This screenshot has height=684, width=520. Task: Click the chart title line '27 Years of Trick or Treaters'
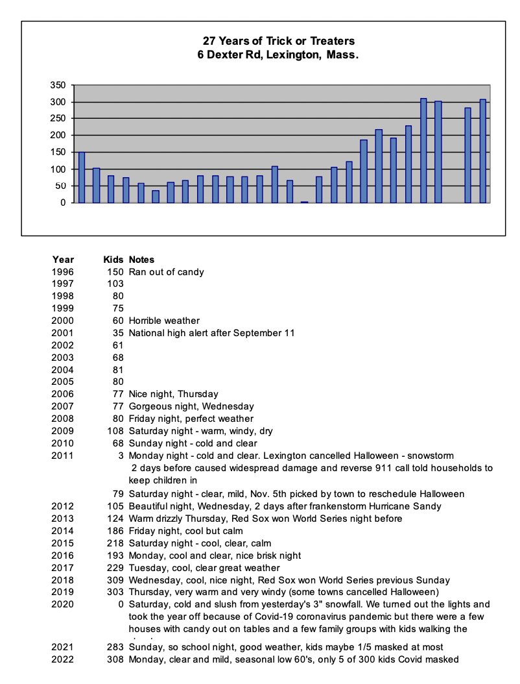278,42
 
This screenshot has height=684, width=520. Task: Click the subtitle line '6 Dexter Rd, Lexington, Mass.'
278,55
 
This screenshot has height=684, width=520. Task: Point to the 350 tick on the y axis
58,85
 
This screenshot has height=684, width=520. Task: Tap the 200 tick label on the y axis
58,135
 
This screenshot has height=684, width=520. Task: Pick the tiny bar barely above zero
304,202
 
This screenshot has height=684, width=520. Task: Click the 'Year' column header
63,260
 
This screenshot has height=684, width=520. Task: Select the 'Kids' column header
113,260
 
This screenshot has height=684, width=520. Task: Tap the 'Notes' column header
141,260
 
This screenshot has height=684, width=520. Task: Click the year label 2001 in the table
63,333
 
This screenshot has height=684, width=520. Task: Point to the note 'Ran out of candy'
166,272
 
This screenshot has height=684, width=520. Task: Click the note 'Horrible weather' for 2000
163,321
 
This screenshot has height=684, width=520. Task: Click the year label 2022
63,659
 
